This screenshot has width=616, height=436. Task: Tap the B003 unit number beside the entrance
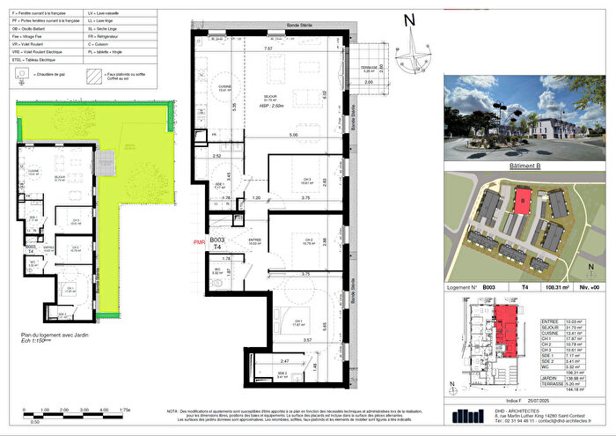click(x=217, y=239)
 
